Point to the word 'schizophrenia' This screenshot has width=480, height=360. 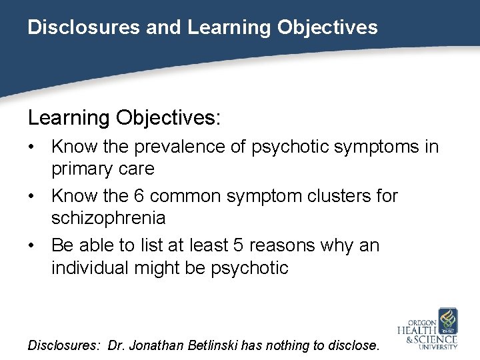click(x=109, y=218)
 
